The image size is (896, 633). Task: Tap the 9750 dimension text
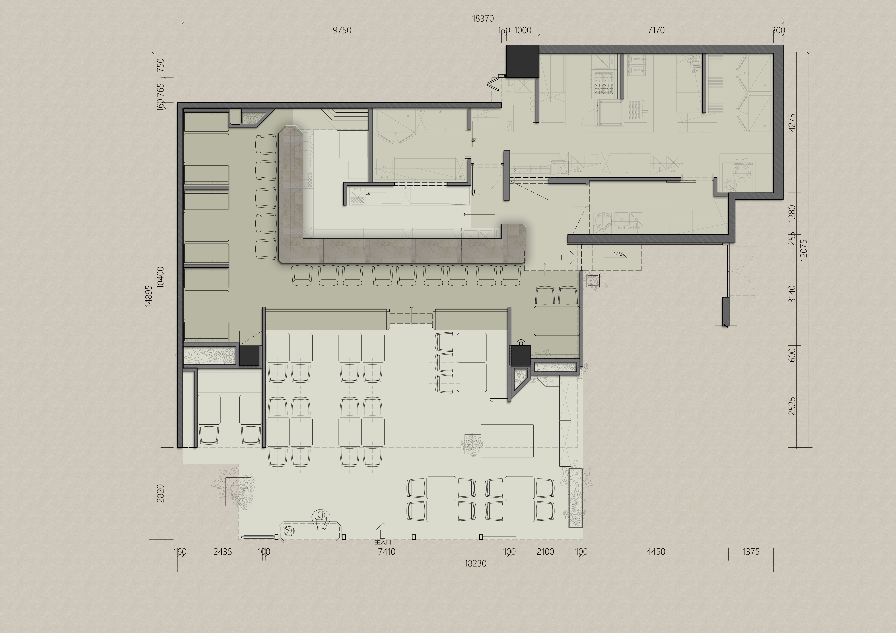point(342,30)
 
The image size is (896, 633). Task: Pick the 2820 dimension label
point(160,493)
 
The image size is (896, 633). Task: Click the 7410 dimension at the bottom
point(387,552)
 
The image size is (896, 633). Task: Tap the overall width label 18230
point(475,563)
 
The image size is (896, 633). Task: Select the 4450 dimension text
point(656,552)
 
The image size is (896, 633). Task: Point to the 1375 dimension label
point(751,552)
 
